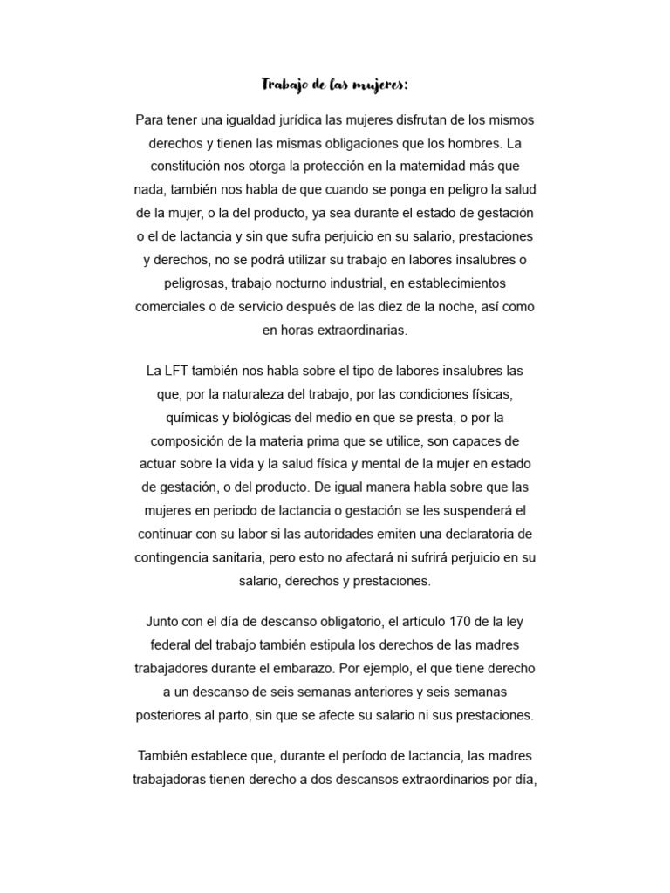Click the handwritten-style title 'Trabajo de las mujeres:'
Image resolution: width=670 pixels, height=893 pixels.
335,85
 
